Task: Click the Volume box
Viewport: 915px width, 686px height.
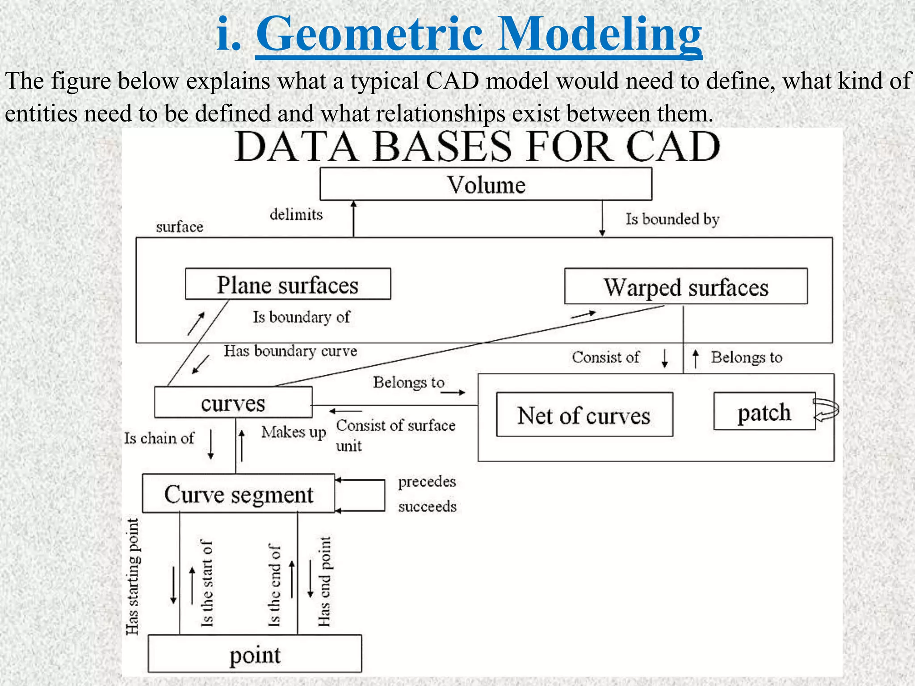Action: coord(486,184)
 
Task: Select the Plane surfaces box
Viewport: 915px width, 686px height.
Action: coord(288,284)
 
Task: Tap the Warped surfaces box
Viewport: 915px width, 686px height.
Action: coord(686,286)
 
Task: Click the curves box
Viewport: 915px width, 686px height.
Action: coord(233,402)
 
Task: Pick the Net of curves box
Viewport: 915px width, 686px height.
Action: coord(584,414)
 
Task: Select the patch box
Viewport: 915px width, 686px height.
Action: coord(764,411)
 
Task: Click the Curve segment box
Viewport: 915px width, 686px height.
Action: coord(238,494)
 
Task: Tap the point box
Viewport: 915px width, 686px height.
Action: coord(255,654)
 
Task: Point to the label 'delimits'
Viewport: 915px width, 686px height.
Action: coord(296,214)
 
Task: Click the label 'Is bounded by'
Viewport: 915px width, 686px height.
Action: coord(672,219)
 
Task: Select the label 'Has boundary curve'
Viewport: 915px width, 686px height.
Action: coord(290,351)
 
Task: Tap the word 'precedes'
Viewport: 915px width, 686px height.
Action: coord(427,481)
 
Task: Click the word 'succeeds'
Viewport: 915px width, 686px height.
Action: coord(427,506)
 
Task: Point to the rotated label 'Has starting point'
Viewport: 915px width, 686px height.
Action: coord(132,576)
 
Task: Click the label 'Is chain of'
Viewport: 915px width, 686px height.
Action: coord(159,438)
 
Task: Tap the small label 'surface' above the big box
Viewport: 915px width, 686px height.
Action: coord(179,227)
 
